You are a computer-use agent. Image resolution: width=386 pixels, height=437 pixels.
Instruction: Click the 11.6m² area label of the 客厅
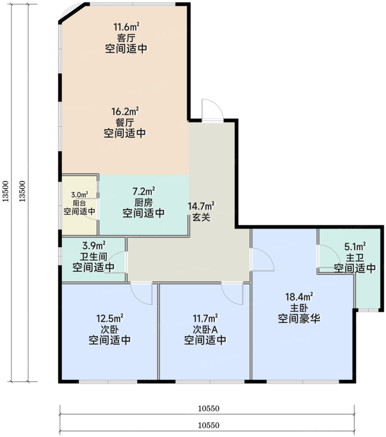(x=125, y=27)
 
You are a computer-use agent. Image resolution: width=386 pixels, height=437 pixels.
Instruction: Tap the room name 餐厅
(x=125, y=122)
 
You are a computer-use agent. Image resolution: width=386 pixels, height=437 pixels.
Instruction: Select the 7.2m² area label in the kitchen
(x=143, y=191)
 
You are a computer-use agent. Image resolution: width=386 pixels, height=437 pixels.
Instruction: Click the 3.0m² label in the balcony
(x=80, y=194)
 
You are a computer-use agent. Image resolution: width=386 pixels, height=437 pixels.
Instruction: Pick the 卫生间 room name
(x=93, y=257)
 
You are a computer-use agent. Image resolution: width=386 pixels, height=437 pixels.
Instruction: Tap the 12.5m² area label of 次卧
(x=110, y=318)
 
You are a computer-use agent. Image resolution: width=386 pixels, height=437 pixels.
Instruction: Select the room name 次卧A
(x=205, y=329)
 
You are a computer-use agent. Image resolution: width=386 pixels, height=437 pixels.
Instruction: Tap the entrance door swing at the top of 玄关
(x=210, y=110)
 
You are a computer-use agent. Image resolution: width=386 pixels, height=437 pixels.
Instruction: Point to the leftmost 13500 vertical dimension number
(x=5, y=192)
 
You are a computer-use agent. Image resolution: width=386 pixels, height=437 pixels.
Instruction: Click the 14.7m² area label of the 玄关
(x=201, y=206)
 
